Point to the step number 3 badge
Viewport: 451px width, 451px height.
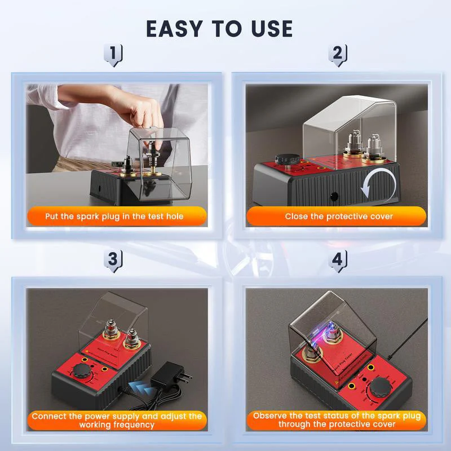pyautogui.click(x=114, y=260)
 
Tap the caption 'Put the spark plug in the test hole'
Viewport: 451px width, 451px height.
pyautogui.click(x=114, y=216)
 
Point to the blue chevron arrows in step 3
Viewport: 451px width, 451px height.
pyautogui.click(x=138, y=386)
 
